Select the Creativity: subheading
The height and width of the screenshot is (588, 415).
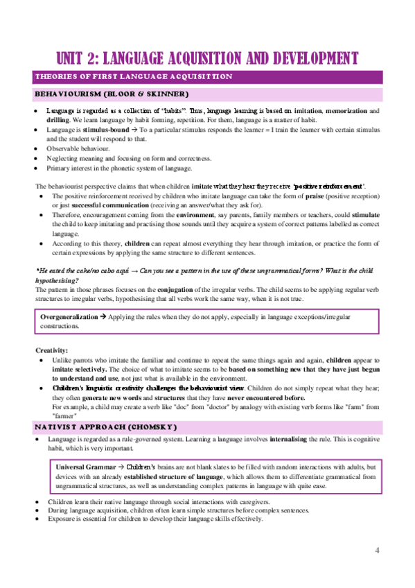[x=51, y=351]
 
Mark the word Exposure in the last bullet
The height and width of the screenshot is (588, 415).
[x=60, y=519]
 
